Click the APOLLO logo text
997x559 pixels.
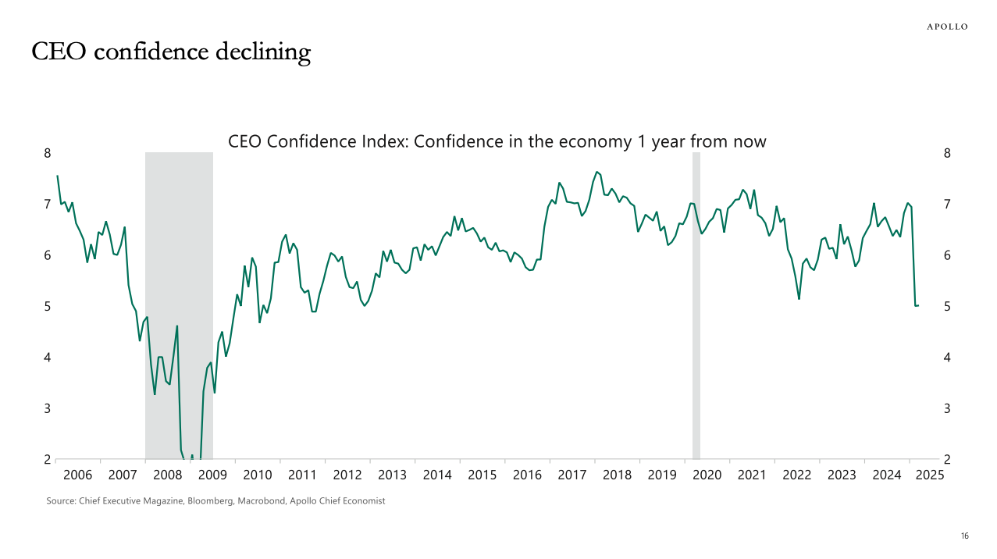pyautogui.click(x=946, y=27)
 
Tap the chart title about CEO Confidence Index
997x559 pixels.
pyautogui.click(x=497, y=142)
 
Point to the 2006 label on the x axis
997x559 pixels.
pyautogui.click(x=77, y=475)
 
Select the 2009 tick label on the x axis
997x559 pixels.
pyautogui.click(x=212, y=475)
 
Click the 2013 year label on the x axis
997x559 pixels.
pyautogui.click(x=393, y=475)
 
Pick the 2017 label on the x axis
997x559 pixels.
pyautogui.click(x=572, y=475)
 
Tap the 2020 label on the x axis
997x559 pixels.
pyautogui.click(x=707, y=475)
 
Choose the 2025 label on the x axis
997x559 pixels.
pyautogui.click(x=932, y=475)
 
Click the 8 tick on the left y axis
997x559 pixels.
pyautogui.click(x=47, y=153)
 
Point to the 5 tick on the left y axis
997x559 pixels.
pyautogui.click(x=47, y=306)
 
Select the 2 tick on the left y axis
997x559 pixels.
pyautogui.click(x=47, y=459)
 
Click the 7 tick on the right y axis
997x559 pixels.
pyautogui.click(x=947, y=205)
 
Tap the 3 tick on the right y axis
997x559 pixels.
pyautogui.click(x=947, y=408)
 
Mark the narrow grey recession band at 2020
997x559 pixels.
pyautogui.click(x=696, y=304)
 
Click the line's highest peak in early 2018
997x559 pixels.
pyautogui.click(x=596, y=172)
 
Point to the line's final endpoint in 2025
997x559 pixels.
pyautogui.click(x=918, y=305)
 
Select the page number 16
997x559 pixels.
pyautogui.click(x=964, y=536)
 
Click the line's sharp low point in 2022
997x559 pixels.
pyautogui.click(x=799, y=299)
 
